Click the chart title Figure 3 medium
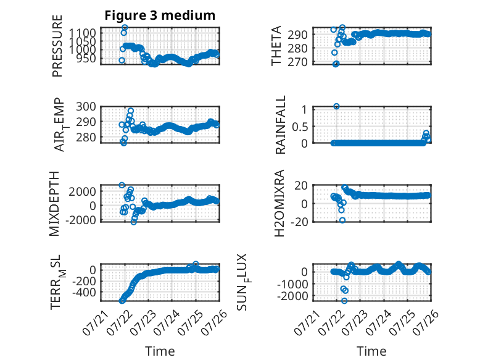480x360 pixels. click(x=160, y=15)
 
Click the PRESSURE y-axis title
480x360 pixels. click(x=57, y=46)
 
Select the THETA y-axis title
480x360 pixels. click(x=276, y=46)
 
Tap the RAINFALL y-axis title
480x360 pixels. click(x=280, y=125)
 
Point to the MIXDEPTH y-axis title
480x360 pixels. click(x=54, y=204)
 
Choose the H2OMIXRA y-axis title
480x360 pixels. click(x=279, y=203)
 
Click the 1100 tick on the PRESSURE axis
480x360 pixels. click(x=82, y=33)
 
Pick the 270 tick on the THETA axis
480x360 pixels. click(x=297, y=62)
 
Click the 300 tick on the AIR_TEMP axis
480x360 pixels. click(x=86, y=107)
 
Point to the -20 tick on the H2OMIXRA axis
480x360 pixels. click(x=299, y=222)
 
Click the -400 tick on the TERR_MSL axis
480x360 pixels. click(x=84, y=293)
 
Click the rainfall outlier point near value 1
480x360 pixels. click(x=336, y=106)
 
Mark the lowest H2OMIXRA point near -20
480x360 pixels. click(x=342, y=220)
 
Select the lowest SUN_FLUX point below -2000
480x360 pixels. click(x=344, y=301)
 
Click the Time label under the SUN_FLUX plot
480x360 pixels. click(x=371, y=351)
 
